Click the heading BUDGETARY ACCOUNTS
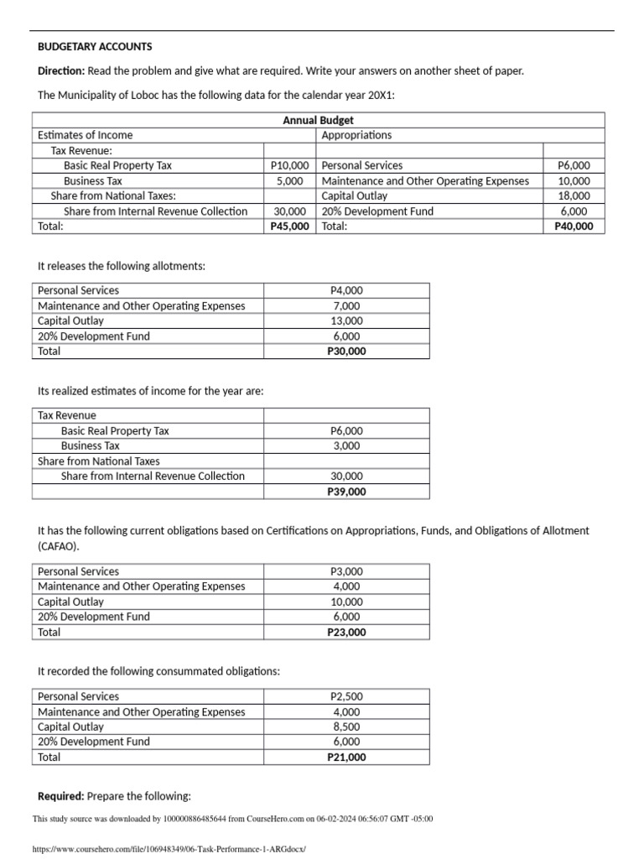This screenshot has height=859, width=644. [95, 46]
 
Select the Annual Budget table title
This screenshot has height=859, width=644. [318, 121]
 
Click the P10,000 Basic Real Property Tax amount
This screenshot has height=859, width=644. [289, 165]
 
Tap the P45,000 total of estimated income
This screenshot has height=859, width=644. [289, 226]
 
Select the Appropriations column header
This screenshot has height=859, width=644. [356, 135]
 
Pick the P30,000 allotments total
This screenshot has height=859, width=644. [346, 351]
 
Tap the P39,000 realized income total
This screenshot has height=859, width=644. [346, 492]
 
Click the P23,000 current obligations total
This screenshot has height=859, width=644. [346, 632]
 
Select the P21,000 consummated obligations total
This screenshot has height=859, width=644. [346, 757]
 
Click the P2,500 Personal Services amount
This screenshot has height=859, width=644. [346, 696]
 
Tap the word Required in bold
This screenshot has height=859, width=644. [61, 795]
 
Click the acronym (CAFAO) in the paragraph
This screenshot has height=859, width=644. [60, 545]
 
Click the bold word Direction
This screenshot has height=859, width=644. [62, 70]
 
